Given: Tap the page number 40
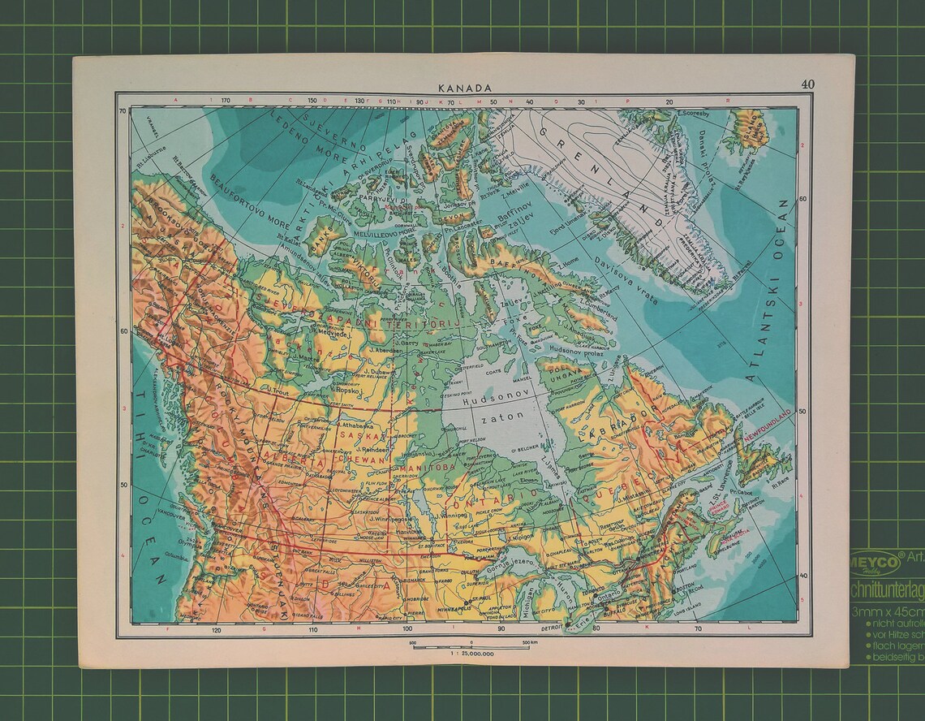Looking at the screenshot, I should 807,84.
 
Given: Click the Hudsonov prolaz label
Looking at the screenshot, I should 578,349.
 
